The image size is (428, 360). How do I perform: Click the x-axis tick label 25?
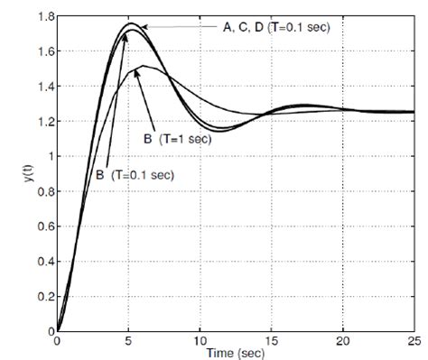click(413, 341)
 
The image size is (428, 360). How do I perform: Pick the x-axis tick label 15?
click(271, 341)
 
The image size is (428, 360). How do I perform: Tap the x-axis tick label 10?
click(200, 341)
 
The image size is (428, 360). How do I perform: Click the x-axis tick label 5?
click(129, 341)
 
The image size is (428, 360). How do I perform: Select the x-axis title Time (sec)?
click(236, 353)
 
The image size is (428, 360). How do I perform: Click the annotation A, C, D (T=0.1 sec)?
click(276, 28)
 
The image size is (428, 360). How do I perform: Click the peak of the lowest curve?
click(142, 66)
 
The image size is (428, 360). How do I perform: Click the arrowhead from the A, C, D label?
click(142, 29)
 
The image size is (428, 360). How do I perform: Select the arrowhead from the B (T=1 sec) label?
click(137, 69)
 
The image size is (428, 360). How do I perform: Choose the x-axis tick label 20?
click(341, 341)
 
